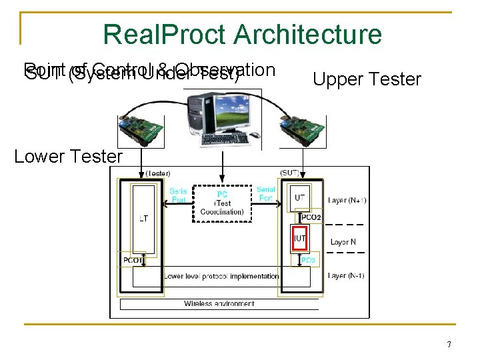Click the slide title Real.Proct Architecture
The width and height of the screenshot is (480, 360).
(243, 35)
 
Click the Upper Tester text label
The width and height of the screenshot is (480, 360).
(367, 80)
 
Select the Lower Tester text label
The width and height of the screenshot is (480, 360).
(69, 157)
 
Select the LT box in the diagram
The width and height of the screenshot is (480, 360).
(143, 218)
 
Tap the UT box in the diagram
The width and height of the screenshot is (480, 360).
(301, 197)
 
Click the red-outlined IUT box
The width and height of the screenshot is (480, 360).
(300, 238)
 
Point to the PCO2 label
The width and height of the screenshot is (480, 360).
(311, 217)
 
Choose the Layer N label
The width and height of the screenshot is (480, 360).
(343, 242)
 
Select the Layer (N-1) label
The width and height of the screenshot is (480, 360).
(347, 275)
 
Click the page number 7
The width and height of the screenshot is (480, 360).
(449, 345)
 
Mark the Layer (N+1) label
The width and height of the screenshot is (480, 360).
(347, 200)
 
